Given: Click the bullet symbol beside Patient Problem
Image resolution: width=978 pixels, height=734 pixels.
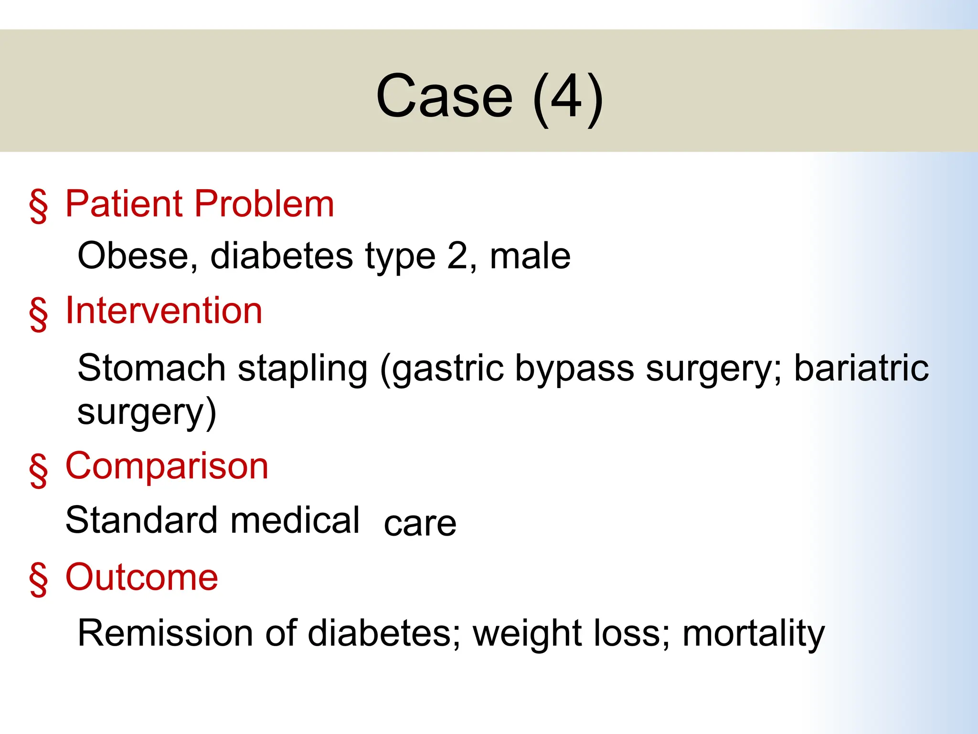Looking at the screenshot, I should click(x=38, y=205).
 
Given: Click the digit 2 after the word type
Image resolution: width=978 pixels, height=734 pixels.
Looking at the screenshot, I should click(x=457, y=256).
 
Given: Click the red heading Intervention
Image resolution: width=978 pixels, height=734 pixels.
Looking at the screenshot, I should click(x=164, y=311).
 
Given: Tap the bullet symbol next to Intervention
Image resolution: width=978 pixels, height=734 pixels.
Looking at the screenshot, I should click(x=38, y=313).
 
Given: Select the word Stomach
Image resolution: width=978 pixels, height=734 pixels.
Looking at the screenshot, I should click(x=151, y=368).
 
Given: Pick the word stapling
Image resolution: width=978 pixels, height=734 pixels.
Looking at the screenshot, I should click(x=303, y=369).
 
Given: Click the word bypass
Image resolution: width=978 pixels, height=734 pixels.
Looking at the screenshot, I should click(x=574, y=369).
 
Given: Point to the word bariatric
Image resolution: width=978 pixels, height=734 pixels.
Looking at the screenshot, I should click(x=861, y=368).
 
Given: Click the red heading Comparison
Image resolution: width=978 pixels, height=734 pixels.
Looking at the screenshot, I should click(x=167, y=466).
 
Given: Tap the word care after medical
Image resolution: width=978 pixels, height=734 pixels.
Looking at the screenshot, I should click(x=420, y=524).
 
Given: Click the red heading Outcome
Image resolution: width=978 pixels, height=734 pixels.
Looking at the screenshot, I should click(x=141, y=578).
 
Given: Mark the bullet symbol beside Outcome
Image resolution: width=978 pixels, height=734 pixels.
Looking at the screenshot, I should click(x=38, y=579).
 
